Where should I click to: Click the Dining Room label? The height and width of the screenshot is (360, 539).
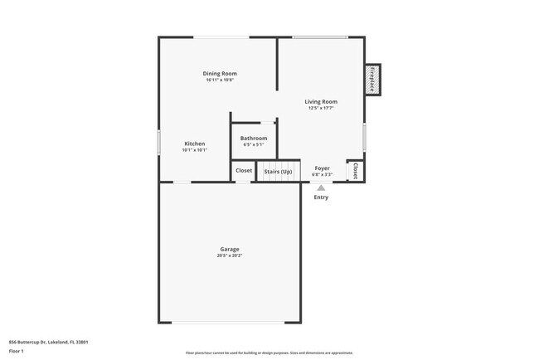tap(220, 74)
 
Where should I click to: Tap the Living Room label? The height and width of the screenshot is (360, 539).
tap(321, 102)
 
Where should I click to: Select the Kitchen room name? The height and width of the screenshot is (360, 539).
tap(194, 144)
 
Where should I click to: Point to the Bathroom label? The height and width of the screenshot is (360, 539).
tap(254, 138)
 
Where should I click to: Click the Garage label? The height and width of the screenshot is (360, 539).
tap(230, 249)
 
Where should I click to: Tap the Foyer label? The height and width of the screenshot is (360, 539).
tap(322, 168)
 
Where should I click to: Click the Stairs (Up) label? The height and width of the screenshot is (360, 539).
tap(278, 172)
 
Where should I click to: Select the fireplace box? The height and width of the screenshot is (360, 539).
tap(372, 80)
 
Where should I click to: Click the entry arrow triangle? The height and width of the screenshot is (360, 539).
tap(321, 188)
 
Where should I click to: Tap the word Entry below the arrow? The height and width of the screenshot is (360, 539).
tap(321, 197)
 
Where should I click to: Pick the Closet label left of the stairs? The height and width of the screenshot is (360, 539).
tap(244, 171)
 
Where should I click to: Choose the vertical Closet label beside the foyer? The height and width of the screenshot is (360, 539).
tap(355, 171)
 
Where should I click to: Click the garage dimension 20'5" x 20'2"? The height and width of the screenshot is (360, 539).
tap(230, 255)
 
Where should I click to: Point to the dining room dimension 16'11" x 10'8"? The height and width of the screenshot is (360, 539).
tap(220, 80)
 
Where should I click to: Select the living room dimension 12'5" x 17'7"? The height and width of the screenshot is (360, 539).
tap(321, 109)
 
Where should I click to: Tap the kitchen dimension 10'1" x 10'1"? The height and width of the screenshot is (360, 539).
tap(194, 150)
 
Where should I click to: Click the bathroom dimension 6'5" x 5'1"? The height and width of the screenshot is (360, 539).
tap(254, 145)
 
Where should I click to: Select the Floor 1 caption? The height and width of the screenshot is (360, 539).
tap(17, 351)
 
